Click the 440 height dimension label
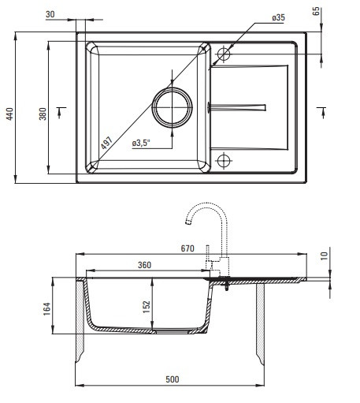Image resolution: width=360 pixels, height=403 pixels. point(9,114)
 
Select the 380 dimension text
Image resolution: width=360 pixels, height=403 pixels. point(43,114)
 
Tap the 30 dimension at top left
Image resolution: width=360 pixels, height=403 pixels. point(50,14)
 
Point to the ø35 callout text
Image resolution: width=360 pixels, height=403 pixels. point(279,17)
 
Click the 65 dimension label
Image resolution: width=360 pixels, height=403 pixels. point(317,11)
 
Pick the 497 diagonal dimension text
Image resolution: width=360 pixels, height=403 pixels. point(107,144)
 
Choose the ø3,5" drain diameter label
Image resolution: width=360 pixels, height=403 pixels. point(141,144)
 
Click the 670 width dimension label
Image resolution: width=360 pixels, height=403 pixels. point(187,248)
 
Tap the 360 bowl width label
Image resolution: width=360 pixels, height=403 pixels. point(144,265)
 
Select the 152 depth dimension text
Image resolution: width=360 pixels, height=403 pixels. point(147,307)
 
